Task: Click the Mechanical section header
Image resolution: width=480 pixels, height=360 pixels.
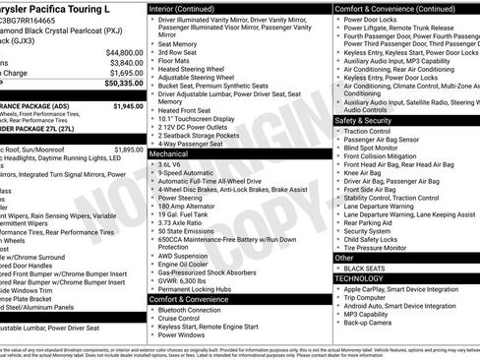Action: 168,153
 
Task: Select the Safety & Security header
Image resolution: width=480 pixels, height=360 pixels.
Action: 368,120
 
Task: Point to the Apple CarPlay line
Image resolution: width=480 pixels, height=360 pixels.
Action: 405,290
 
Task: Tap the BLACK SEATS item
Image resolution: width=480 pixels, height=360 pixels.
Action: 365,268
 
